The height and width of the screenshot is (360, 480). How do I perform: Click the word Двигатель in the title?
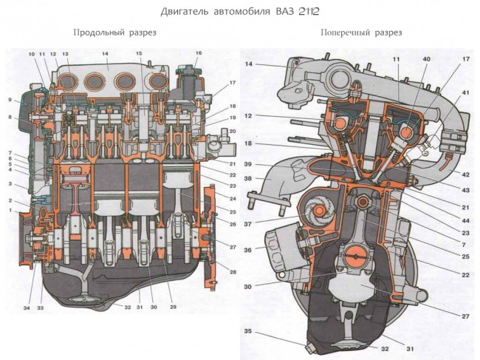click(185, 12)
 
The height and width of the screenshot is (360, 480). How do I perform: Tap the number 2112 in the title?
click(309, 12)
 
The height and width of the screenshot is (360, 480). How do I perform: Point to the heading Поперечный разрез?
click(361, 33)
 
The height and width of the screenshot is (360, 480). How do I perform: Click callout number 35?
click(249, 332)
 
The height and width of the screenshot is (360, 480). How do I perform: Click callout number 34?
click(27, 308)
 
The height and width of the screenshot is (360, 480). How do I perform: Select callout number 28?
click(233, 273)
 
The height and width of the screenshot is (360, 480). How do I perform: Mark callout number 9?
click(10, 101)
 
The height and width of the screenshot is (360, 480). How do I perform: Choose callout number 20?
click(233, 131)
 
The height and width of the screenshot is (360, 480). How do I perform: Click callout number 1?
click(10, 211)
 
